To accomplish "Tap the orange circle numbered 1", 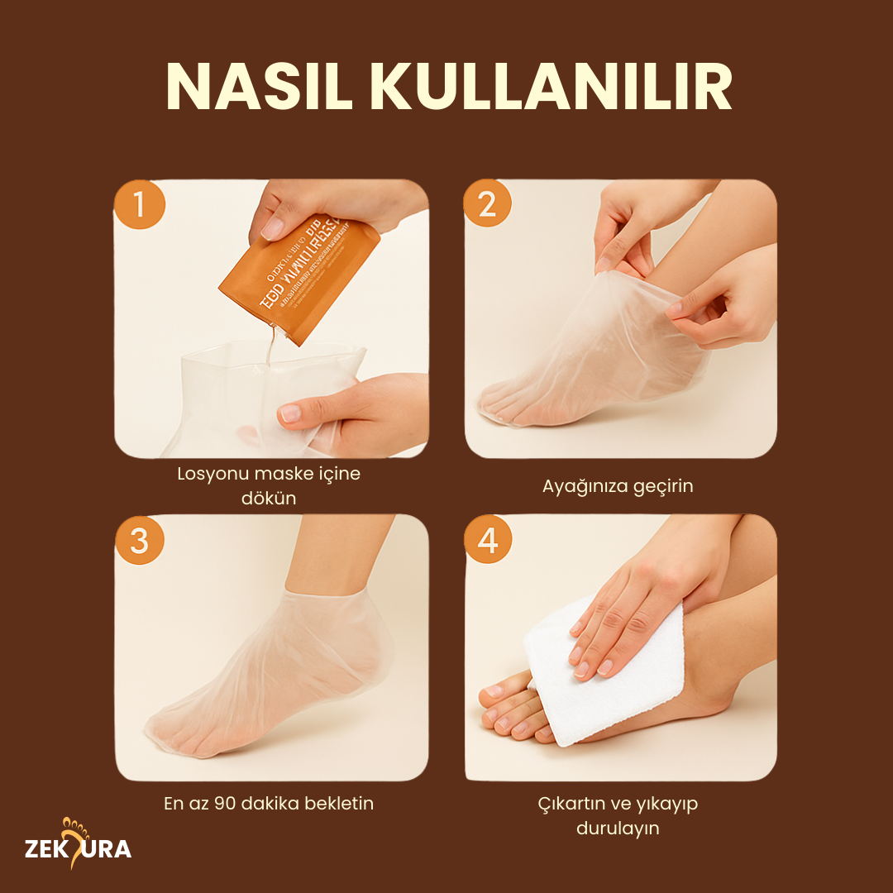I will coord(139,203).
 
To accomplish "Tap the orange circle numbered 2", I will coord(488,203).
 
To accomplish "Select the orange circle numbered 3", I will coord(139,541).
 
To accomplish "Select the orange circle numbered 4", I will coord(488,541).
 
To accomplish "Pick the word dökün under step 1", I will coord(270,499).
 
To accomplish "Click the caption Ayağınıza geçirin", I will coord(618,486).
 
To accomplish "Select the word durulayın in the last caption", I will coord(618,828).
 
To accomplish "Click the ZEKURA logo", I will coord(78,848).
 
